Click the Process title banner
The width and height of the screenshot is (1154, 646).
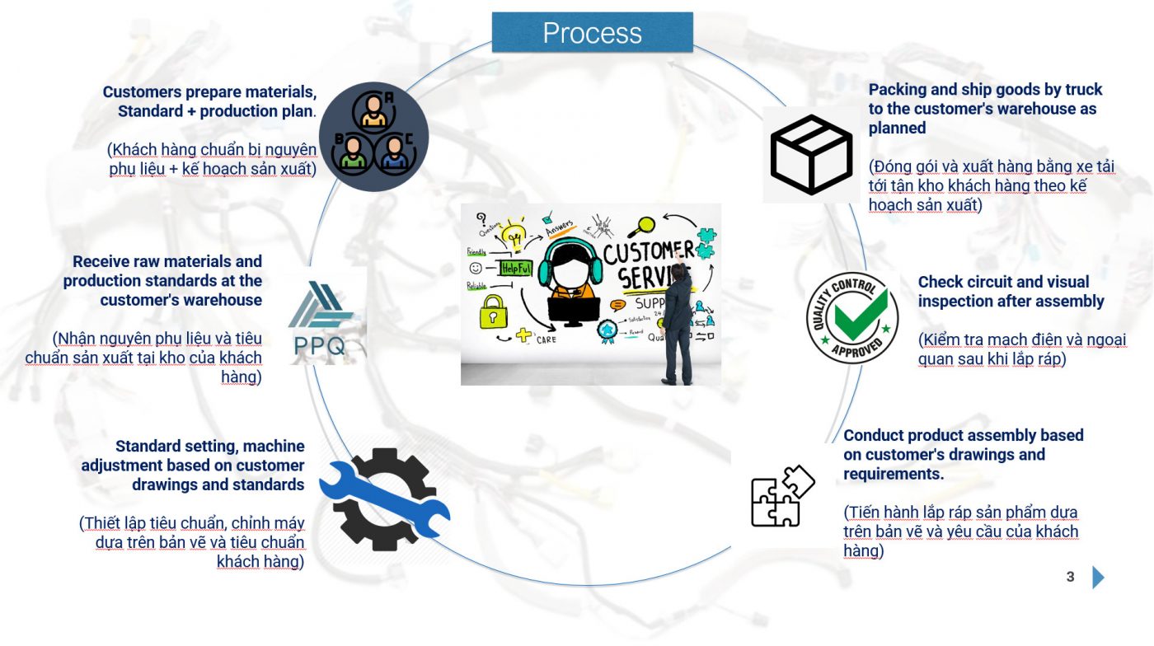[x=592, y=32]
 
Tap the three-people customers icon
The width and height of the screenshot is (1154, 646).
[x=373, y=137]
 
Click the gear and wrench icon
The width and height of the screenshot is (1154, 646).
[x=384, y=499]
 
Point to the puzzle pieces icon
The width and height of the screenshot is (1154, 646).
[x=781, y=496]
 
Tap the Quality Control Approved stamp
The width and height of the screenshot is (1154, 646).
[x=851, y=317]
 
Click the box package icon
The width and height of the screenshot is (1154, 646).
[x=810, y=155]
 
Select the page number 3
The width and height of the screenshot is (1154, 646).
[x=1070, y=577]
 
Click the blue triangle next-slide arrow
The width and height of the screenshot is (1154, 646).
[x=1098, y=577]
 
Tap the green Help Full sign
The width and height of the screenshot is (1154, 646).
[x=516, y=268]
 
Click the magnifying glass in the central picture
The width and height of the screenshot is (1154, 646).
[x=644, y=223]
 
